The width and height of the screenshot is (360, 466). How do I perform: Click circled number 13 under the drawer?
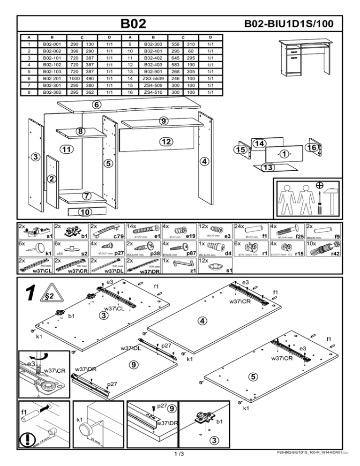tap(267, 168)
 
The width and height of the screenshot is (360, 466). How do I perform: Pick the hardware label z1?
tap(193, 271)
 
